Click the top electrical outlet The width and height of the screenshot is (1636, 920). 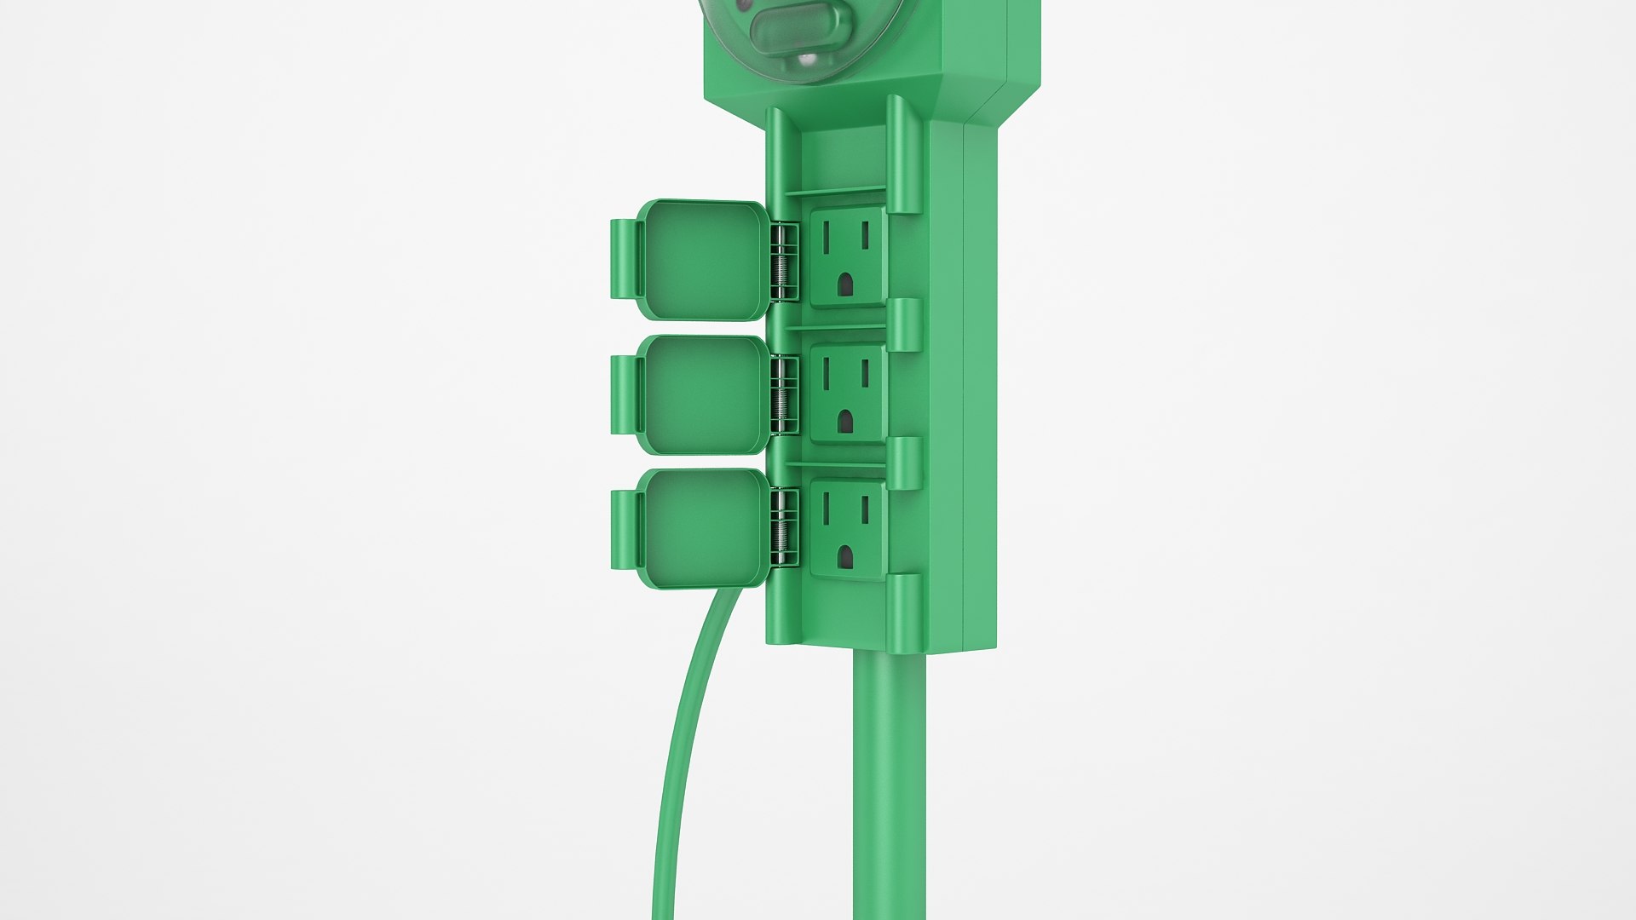pyautogui.click(x=847, y=259)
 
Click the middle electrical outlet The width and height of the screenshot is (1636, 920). pyautogui.click(x=847, y=393)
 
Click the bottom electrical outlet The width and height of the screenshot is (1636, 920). pyautogui.click(x=847, y=527)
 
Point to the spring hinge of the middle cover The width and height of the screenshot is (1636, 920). pyautogui.click(x=784, y=395)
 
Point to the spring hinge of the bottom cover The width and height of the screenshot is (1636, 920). pyautogui.click(x=784, y=528)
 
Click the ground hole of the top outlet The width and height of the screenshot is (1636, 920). pyautogui.click(x=844, y=285)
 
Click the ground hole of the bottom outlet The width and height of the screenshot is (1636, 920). pyautogui.click(x=844, y=556)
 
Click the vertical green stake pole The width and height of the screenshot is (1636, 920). pyautogui.click(x=889, y=784)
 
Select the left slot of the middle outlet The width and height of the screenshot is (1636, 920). pyautogui.click(x=826, y=372)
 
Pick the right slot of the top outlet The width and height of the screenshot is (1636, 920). pyautogui.click(x=864, y=236)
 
